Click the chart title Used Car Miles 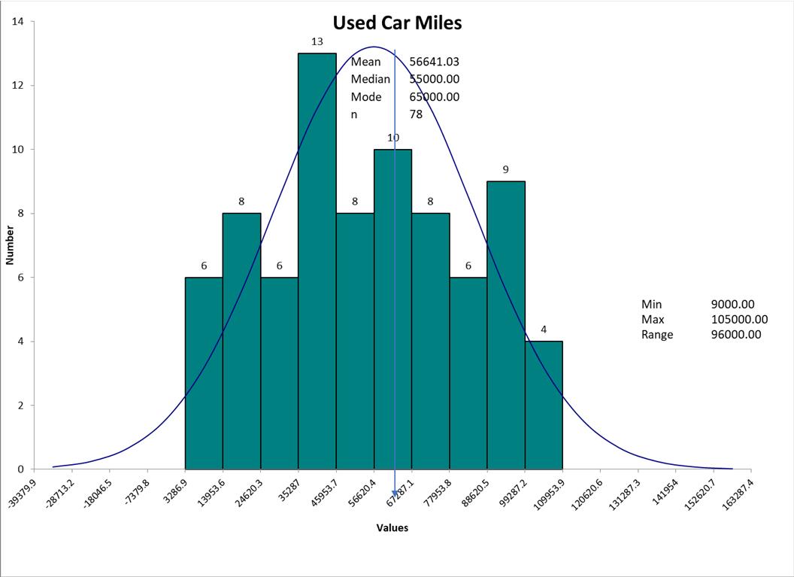pyautogui.click(x=397, y=23)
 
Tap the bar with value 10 pyautogui.click(x=392, y=308)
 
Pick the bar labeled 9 pyautogui.click(x=506, y=324)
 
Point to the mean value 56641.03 pyautogui.click(x=434, y=62)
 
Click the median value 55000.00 pyautogui.click(x=434, y=79)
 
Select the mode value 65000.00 pyautogui.click(x=434, y=96)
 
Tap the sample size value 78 pyautogui.click(x=416, y=114)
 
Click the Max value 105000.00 pyautogui.click(x=739, y=320)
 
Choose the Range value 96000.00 pyautogui.click(x=736, y=335)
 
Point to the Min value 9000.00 pyautogui.click(x=732, y=305)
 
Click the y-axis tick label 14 pyautogui.click(x=17, y=21)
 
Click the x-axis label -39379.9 pyautogui.click(x=21, y=494)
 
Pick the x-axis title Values pyautogui.click(x=392, y=528)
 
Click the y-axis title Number pyautogui.click(x=11, y=245)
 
